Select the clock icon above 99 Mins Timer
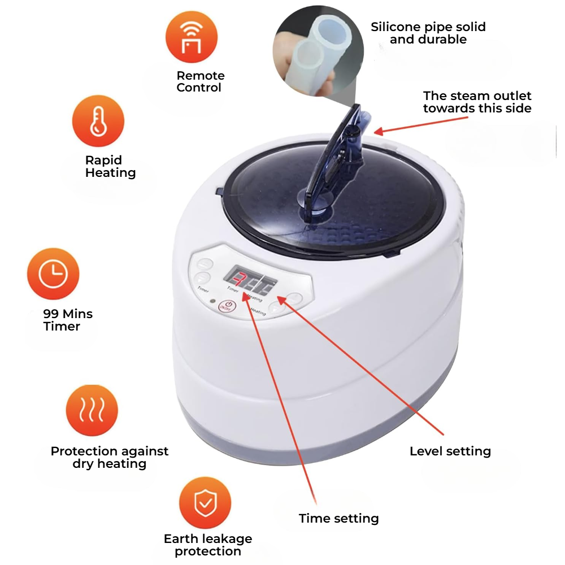[x=53, y=274]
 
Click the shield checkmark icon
[x=205, y=502]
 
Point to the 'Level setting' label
[x=450, y=451]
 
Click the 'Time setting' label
[x=338, y=519]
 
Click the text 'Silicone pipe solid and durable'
[x=428, y=33]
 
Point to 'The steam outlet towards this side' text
[x=477, y=102]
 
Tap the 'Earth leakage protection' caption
[x=208, y=545]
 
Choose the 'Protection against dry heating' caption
[x=110, y=458]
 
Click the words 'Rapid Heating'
[x=110, y=167]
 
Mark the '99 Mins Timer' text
[x=68, y=320]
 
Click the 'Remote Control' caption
[x=200, y=81]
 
